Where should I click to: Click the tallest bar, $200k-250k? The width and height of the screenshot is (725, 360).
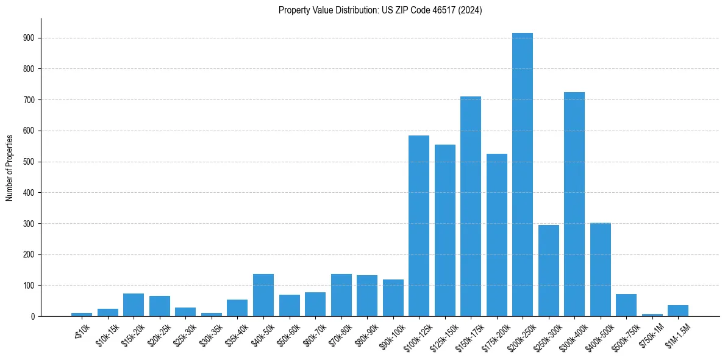pyautogui.click(x=522, y=175)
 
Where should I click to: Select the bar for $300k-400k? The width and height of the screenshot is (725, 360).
pyautogui.click(x=574, y=204)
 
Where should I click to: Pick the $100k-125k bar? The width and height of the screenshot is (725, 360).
pyautogui.click(x=418, y=226)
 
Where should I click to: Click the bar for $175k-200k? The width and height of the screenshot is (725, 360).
pyautogui.click(x=496, y=235)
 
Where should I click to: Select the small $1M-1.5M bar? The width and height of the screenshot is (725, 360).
pyautogui.click(x=677, y=311)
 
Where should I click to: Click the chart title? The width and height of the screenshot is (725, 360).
pyautogui.click(x=380, y=10)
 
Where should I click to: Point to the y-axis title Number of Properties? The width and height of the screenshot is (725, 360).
pyautogui.click(x=10, y=167)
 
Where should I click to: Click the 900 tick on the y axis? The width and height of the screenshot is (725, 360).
pyautogui.click(x=29, y=38)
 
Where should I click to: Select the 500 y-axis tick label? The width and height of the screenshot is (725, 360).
pyautogui.click(x=29, y=162)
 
